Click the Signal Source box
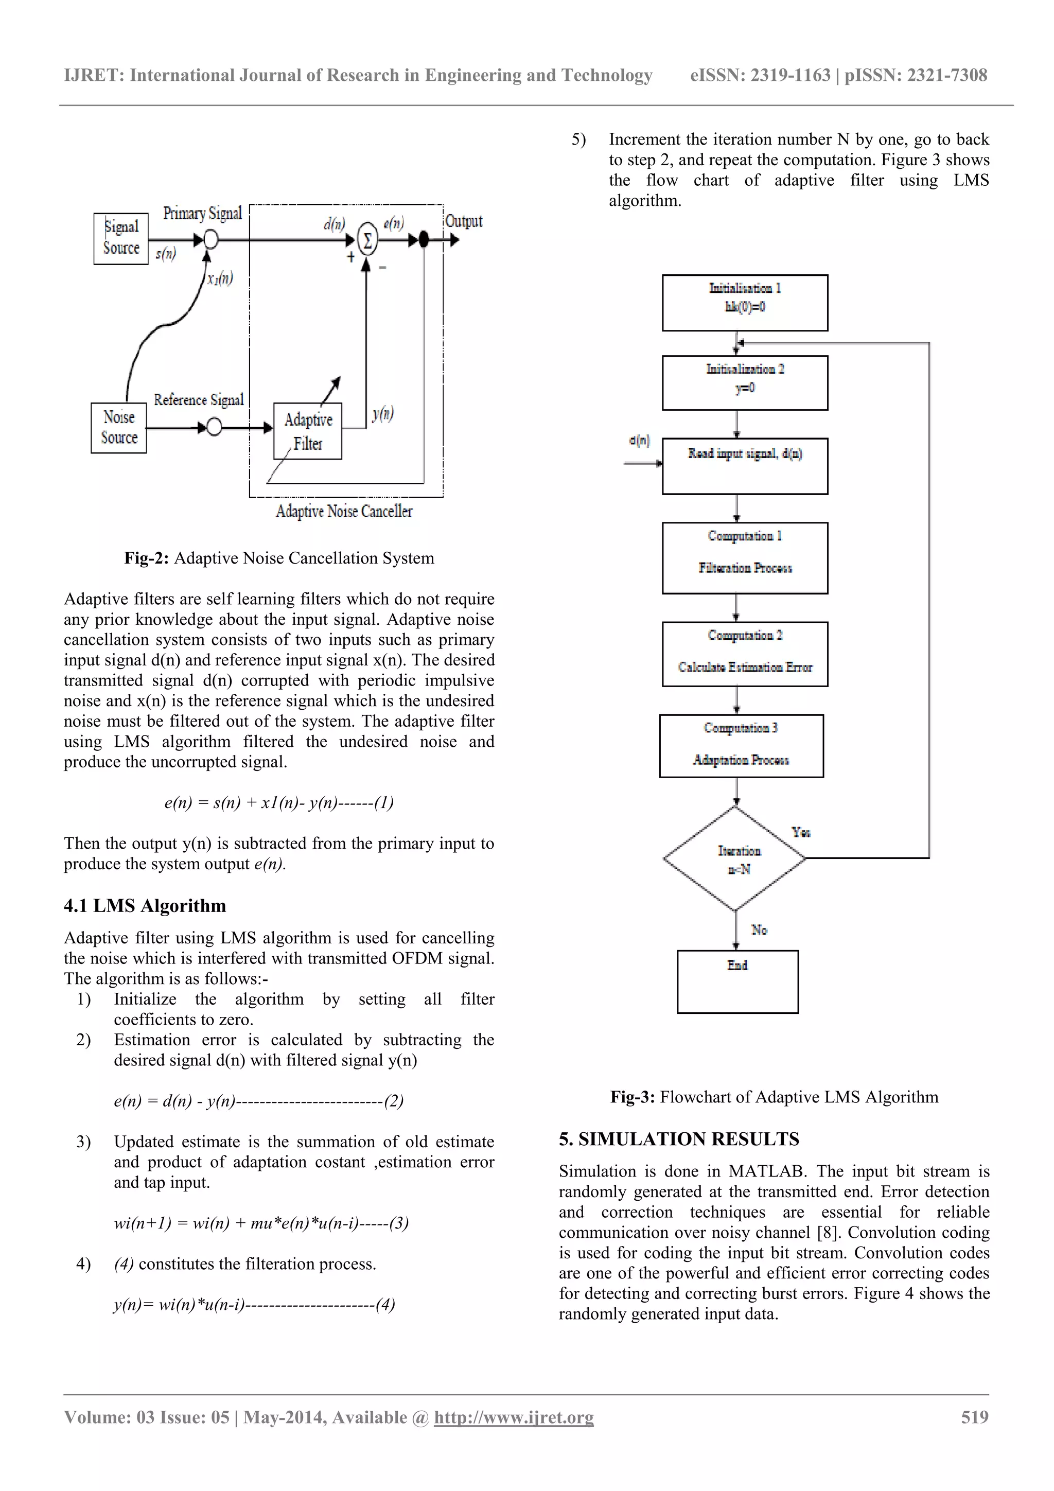point(121,238)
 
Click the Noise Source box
point(119,427)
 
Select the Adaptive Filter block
point(308,431)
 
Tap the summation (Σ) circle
point(367,240)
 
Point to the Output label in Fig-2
point(464,221)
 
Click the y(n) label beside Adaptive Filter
point(383,414)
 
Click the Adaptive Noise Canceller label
point(344,512)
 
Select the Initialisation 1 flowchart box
point(745,303)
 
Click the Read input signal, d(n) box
point(745,466)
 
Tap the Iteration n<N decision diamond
point(735,858)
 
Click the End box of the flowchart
point(737,981)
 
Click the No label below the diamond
point(759,929)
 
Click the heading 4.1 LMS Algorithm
point(145,905)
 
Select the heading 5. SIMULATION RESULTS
point(679,1138)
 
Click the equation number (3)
point(399,1223)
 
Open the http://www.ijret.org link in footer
point(514,1417)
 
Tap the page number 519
point(974,1417)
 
